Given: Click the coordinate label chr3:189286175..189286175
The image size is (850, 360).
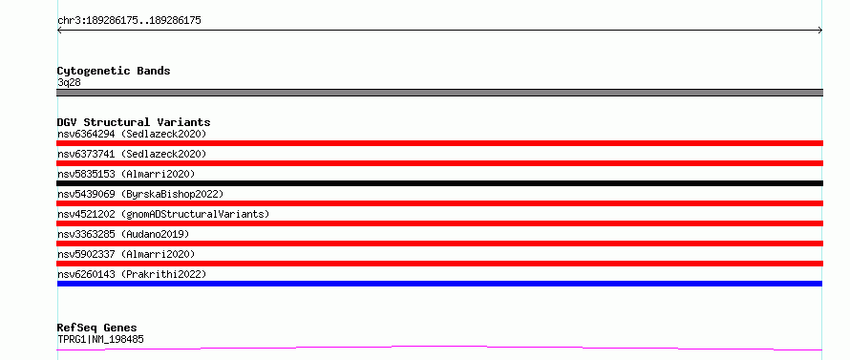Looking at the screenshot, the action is [129, 21].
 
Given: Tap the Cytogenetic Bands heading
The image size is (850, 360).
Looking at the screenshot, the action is [114, 71].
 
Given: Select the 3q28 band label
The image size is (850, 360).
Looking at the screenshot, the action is [69, 82].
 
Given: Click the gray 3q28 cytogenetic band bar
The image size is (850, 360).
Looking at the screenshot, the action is [439, 93].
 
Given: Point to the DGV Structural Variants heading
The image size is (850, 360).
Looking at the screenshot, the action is [134, 122].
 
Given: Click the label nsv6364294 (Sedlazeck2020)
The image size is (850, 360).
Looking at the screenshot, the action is [132, 134].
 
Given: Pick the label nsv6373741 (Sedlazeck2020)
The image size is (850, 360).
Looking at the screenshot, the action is [132, 154].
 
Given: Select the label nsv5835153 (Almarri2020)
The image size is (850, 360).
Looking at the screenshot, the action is [126, 174].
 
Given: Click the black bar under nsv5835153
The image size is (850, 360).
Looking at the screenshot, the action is [439, 183].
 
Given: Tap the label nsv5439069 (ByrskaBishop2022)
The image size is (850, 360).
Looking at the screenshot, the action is [140, 194].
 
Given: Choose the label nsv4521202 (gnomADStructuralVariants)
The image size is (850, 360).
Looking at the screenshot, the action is [163, 214].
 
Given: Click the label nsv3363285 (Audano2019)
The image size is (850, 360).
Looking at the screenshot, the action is [123, 234].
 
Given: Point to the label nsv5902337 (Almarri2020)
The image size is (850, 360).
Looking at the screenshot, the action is [126, 254].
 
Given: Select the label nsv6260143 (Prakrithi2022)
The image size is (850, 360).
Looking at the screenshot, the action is [132, 274].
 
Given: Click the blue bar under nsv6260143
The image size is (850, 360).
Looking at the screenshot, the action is [439, 284].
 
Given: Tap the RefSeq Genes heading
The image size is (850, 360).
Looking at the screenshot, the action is [97, 328].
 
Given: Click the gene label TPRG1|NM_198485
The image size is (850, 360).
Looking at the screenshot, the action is [100, 340].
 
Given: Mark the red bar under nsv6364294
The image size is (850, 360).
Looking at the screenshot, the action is [439, 143].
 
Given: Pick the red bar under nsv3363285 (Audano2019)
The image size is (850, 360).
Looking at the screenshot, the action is [439, 244].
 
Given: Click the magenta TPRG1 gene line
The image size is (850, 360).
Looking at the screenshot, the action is [439, 347].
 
